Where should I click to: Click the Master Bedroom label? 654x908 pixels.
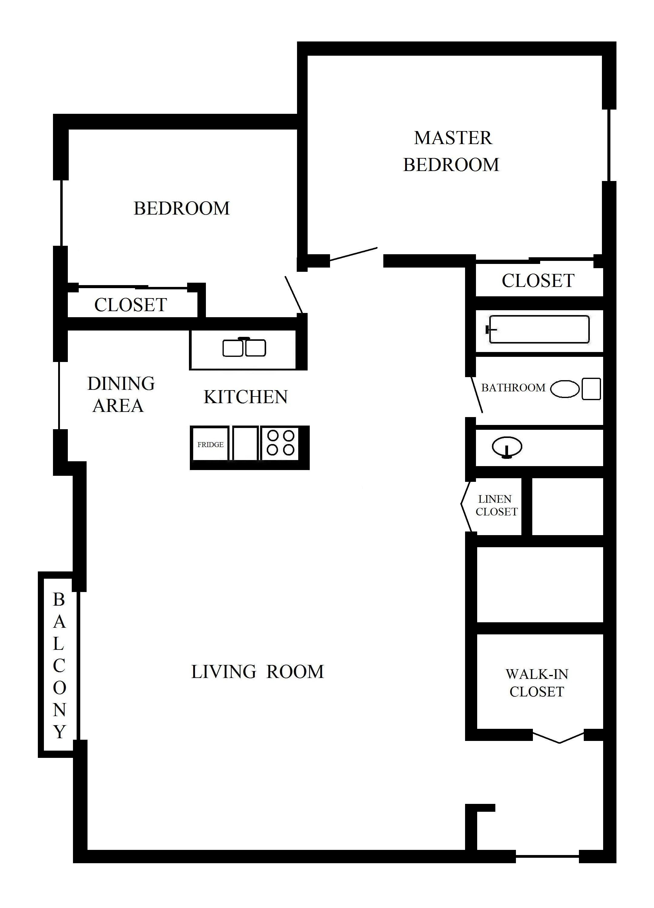(452, 151)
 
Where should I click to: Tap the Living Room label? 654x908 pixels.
(258, 672)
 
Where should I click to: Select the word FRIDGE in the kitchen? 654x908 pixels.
(210, 444)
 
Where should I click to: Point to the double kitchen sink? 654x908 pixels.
(244, 347)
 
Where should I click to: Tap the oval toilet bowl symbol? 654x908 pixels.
(565, 389)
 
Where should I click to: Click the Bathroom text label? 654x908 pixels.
(513, 387)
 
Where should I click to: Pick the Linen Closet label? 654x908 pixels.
(496, 505)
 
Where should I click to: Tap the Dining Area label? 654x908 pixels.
(121, 394)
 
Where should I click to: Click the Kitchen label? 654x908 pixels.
(246, 397)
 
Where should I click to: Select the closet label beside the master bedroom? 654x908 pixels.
(538, 281)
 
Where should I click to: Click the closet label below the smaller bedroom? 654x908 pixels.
(130, 305)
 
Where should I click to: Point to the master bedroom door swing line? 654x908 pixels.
(353, 254)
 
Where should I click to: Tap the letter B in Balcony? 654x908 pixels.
(59, 599)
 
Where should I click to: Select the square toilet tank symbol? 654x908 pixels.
(591, 389)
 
